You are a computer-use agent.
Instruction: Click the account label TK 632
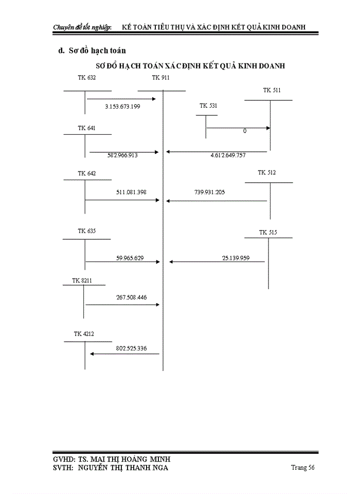click(x=87, y=78)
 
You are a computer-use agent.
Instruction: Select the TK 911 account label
click(x=160, y=78)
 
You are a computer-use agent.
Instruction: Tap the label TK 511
click(x=272, y=90)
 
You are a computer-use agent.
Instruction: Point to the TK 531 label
click(x=208, y=105)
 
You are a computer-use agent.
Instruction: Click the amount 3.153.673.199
click(x=122, y=107)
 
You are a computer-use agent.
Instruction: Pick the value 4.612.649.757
click(x=228, y=155)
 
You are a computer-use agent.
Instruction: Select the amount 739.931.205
click(x=210, y=192)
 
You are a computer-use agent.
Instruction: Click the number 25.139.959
click(x=236, y=258)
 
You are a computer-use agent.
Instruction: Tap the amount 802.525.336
click(x=131, y=348)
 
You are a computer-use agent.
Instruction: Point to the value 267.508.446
click(x=131, y=297)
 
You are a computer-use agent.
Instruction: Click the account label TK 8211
click(x=82, y=280)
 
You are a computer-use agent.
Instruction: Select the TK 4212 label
click(x=84, y=333)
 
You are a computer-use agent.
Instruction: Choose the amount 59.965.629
click(x=130, y=258)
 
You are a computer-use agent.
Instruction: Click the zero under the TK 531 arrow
click(x=245, y=131)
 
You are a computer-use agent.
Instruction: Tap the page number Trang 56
click(x=303, y=468)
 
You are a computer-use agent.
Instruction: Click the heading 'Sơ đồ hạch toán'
click(x=97, y=50)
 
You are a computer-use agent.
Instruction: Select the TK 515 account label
click(x=268, y=232)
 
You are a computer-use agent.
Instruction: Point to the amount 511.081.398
click(x=131, y=192)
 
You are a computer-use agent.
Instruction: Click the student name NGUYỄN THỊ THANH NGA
click(x=123, y=468)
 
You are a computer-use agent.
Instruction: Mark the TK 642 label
click(x=87, y=173)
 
